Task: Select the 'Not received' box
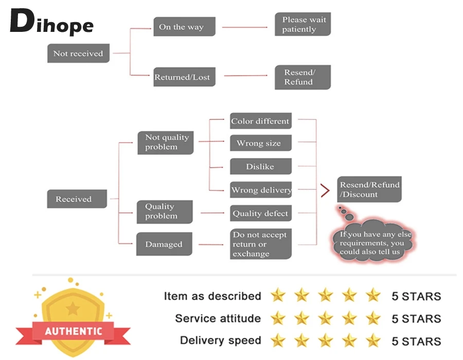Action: tap(78, 53)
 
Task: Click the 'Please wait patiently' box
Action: tap(302, 25)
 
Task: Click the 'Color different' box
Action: tap(260, 121)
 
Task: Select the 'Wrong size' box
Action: tap(260, 143)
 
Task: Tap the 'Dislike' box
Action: tap(260, 167)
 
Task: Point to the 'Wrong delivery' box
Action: tap(261, 190)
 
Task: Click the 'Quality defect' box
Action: tap(260, 213)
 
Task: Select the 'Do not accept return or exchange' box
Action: tap(260, 244)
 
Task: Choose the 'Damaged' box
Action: tap(164, 244)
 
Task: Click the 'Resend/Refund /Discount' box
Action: tap(369, 189)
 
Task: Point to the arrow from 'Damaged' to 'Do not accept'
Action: tap(210, 244)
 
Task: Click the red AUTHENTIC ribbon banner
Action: tap(73, 331)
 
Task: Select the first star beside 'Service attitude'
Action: tap(278, 318)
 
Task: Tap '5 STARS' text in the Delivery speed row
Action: tap(416, 341)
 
